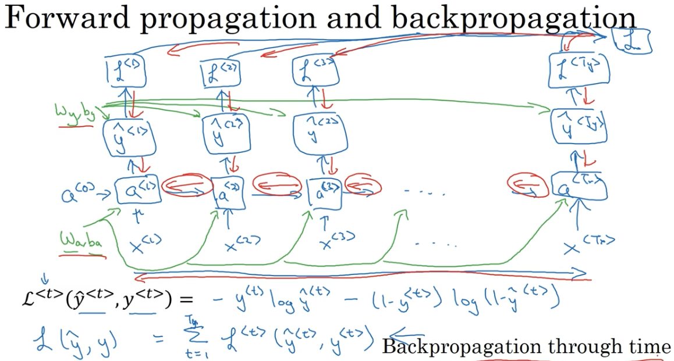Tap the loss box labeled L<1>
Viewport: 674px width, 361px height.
(x=125, y=72)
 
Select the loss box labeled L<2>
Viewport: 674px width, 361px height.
(x=220, y=74)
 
